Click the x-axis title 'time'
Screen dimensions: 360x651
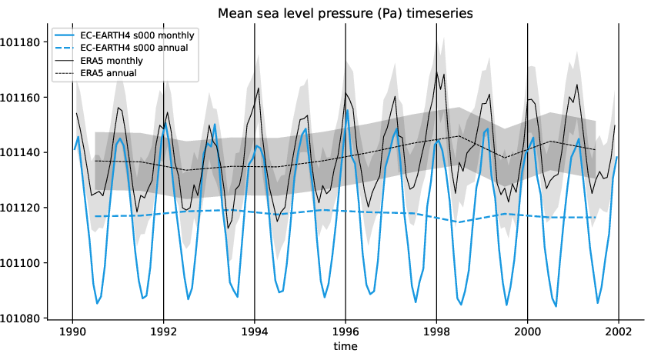pos(345,347)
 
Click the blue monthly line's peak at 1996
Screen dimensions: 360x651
pos(348,110)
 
